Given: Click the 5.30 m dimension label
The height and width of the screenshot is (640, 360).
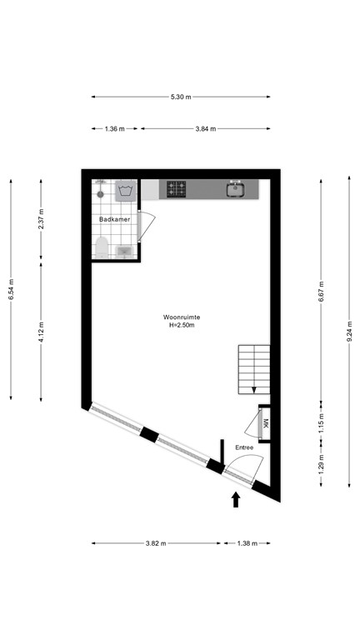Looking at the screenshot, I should [x=181, y=97].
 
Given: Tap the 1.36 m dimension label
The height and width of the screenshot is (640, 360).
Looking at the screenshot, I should [x=115, y=129].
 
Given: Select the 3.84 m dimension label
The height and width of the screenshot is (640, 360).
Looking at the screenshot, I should [x=205, y=129].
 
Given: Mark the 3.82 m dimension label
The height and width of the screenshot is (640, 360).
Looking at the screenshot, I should [x=156, y=543].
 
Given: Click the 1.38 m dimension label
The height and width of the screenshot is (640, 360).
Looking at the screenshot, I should [x=246, y=543].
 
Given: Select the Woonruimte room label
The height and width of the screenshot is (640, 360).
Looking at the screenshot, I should [x=180, y=321].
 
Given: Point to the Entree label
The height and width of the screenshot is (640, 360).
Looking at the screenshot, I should [x=244, y=447].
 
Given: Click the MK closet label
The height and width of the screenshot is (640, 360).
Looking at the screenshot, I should [x=266, y=423].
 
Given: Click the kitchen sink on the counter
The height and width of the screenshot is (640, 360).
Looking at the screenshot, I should [x=235, y=190].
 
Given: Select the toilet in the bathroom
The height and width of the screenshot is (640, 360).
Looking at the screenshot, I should [x=102, y=247].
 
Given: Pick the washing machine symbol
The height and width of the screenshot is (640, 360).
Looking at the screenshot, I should [x=126, y=192].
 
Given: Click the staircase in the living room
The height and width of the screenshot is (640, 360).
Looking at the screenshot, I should [x=253, y=368].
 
